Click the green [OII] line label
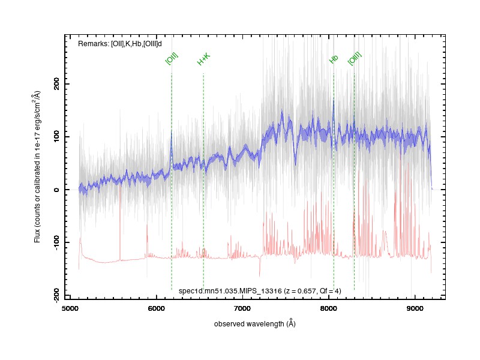172,59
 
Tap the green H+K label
203,59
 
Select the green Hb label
334,59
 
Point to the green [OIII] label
355,58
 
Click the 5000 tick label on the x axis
70,308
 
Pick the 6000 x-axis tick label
157,308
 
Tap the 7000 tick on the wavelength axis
242,308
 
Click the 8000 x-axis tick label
329,308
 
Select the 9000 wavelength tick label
415,308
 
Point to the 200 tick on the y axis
56,83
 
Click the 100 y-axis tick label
56,137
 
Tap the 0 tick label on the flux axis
56,190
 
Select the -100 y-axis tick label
56,243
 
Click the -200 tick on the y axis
56,295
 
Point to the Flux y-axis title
37,167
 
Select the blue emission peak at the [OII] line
172,131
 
